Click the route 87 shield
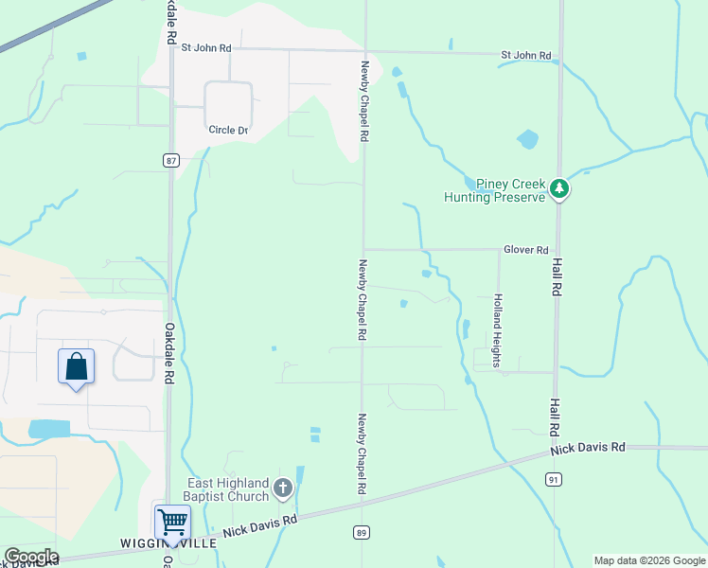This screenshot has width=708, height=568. (x=170, y=161)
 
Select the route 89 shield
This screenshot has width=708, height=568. (x=362, y=533)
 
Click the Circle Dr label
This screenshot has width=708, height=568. (x=228, y=130)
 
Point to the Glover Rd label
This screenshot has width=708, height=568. (x=526, y=250)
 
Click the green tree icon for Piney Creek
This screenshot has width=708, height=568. (x=560, y=189)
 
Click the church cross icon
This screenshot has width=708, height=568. (x=282, y=489)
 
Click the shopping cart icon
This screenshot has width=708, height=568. (x=172, y=522)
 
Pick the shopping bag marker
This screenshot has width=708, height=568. (x=76, y=366)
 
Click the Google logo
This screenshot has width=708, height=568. (x=31, y=557)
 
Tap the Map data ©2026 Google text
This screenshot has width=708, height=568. (x=648, y=560)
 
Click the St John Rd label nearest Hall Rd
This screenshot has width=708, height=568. (x=525, y=56)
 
